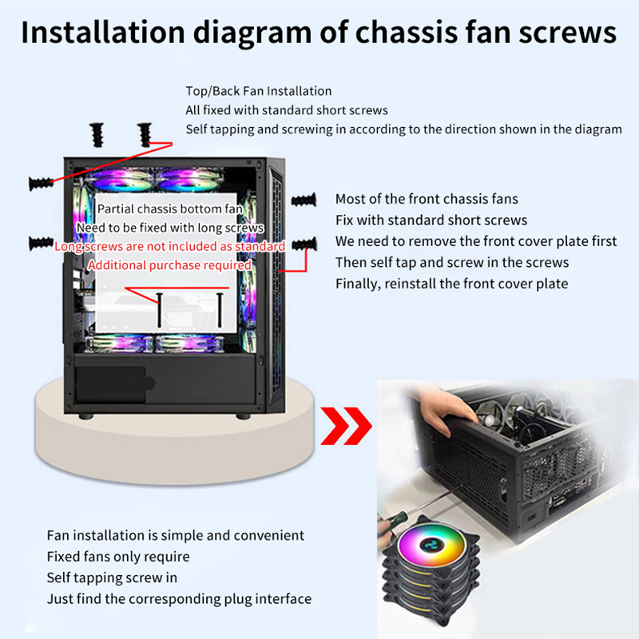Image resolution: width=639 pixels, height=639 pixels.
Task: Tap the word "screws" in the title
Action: pyautogui.click(x=559, y=33)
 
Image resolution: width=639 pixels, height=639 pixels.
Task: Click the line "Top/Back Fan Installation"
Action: pyautogui.click(x=258, y=91)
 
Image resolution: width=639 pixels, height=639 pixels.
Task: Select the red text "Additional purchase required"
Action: pyautogui.click(x=169, y=265)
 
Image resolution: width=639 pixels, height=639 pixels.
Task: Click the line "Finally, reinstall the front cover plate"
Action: pyautogui.click(x=451, y=283)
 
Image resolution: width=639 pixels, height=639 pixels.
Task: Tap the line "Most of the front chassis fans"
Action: pyautogui.click(x=427, y=199)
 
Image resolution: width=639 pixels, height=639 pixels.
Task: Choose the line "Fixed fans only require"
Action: pyautogui.click(x=118, y=556)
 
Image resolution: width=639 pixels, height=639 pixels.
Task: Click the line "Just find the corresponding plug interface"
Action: pyautogui.click(x=179, y=598)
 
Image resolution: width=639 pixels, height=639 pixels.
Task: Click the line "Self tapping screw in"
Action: pyautogui.click(x=112, y=577)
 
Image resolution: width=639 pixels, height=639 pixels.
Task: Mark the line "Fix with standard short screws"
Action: pyautogui.click(x=431, y=220)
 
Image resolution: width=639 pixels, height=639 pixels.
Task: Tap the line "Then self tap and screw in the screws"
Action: pyautogui.click(x=452, y=262)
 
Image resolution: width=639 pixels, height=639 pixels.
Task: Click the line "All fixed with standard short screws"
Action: pyautogui.click(x=287, y=110)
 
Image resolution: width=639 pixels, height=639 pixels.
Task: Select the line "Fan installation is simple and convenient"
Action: pyautogui.click(x=176, y=535)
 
